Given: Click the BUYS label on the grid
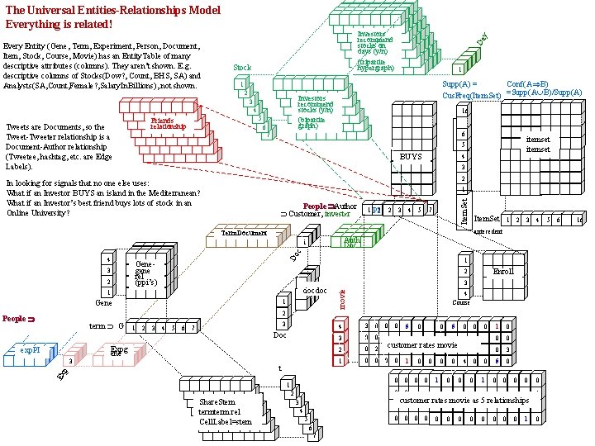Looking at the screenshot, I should pos(411,156).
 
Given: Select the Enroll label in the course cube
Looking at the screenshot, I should pos(503,270).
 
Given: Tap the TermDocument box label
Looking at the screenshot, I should pos(245,234).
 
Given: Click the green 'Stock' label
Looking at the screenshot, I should pos(242,68).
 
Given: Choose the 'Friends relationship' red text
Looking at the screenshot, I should pos(168,124).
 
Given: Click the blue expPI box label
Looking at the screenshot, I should pos(31,349).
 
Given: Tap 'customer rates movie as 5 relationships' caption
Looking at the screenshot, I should pos(464,400).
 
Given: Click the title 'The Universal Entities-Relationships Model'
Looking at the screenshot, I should pos(113,10).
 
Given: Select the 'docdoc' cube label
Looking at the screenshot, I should pos(315,291).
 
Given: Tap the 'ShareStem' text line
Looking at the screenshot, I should pos(217,401).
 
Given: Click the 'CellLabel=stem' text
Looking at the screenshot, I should pos(225,421).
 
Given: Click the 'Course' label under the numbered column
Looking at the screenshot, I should pos(464,302).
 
